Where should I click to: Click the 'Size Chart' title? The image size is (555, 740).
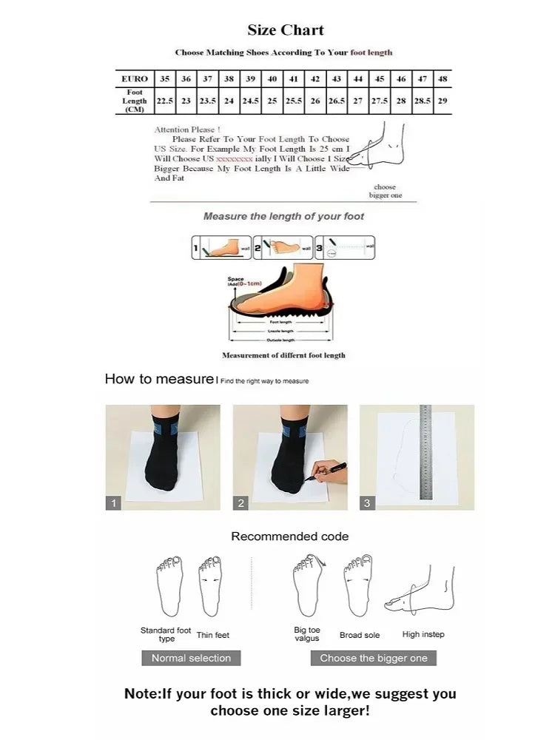point(286,30)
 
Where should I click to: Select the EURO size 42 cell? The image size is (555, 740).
point(315,78)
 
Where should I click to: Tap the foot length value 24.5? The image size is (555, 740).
point(251,101)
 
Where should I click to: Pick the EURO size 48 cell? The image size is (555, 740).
point(443,78)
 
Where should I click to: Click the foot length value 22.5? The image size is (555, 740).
point(164,101)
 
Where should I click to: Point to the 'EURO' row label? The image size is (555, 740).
point(135,78)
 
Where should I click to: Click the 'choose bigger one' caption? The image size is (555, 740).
point(385,191)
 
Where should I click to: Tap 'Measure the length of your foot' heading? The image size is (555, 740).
point(283,216)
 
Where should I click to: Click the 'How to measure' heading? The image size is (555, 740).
point(158,379)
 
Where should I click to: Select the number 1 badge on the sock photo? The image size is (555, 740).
point(113,503)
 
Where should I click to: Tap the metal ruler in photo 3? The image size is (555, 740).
point(425,453)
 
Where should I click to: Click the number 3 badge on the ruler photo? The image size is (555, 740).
point(368,503)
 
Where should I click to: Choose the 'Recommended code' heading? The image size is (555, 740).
point(289,536)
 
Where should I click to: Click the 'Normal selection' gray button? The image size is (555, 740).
point(191,658)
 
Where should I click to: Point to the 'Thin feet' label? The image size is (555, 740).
point(213,635)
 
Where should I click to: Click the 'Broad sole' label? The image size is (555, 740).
point(360,635)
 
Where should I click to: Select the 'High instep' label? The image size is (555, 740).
point(423,634)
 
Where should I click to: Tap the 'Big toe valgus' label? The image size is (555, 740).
point(306,634)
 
